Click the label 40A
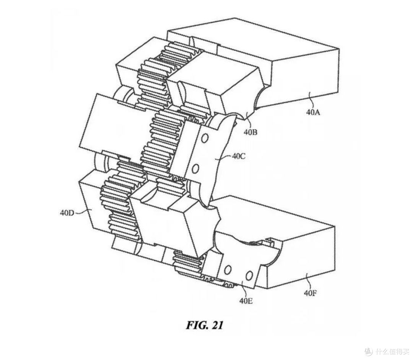tap(313, 112)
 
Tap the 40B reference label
tap(250, 132)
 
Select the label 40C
tap(238, 156)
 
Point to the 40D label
tap(67, 212)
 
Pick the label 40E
tap(246, 300)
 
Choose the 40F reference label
tap(310, 293)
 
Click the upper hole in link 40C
tap(205, 139)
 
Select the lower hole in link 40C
tap(195, 169)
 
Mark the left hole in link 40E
tap(228, 270)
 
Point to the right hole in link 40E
tap(249, 276)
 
